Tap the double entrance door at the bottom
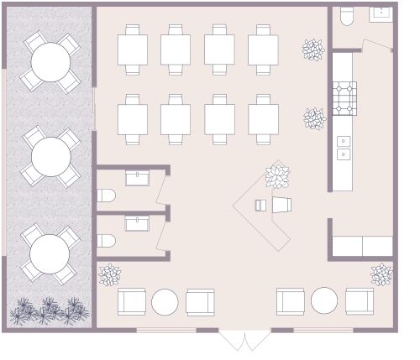point(245,340)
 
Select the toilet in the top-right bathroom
point(347,17)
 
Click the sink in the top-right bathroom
point(382,13)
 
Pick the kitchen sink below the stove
point(344,148)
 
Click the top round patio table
point(50,61)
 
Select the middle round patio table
point(50,156)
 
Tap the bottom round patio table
point(49,253)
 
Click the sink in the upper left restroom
point(137,177)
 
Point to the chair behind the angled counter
point(281,205)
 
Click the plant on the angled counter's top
point(277,176)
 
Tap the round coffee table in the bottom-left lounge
point(165,301)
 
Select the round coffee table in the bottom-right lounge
point(324,300)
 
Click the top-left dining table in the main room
point(132,49)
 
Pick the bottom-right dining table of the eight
point(263,119)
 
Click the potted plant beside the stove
point(314,118)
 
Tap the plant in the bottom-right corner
point(381,274)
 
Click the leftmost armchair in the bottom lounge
point(132,301)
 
